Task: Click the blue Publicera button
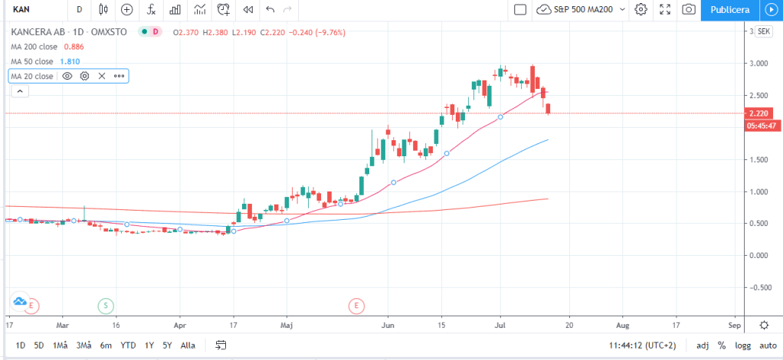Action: click(x=729, y=10)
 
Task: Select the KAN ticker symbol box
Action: click(x=34, y=10)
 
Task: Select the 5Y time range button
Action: click(x=167, y=345)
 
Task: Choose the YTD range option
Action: click(x=127, y=345)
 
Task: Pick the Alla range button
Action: click(x=187, y=345)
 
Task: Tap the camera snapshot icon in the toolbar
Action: click(x=689, y=10)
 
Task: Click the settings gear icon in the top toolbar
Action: click(x=641, y=10)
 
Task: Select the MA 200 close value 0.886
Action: click(x=74, y=46)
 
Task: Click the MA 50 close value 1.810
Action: click(x=70, y=61)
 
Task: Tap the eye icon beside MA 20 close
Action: click(x=67, y=76)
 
